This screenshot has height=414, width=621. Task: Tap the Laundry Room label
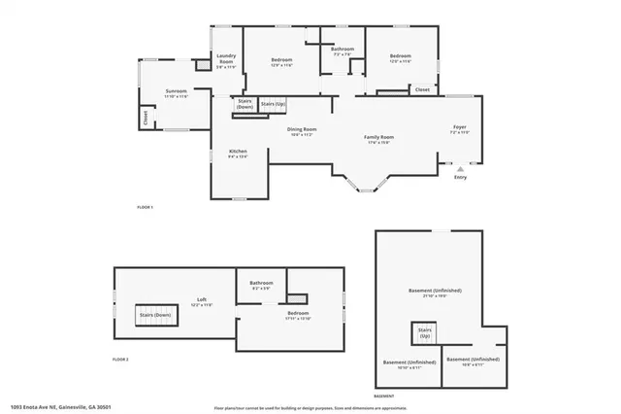(x=226, y=60)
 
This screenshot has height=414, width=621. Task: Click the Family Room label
(x=378, y=139)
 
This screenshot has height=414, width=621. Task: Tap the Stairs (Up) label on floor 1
(x=274, y=103)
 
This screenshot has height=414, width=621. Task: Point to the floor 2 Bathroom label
(x=262, y=283)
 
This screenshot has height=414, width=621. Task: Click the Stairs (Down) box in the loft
(x=155, y=316)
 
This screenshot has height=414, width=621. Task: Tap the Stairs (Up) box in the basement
(x=424, y=334)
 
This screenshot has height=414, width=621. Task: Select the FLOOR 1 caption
(x=146, y=207)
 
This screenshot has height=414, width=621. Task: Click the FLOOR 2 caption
(x=121, y=359)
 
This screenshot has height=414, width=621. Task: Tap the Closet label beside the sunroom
(x=145, y=119)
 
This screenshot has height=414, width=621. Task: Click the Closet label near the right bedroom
(x=422, y=89)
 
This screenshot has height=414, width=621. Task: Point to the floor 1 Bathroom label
(x=343, y=49)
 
